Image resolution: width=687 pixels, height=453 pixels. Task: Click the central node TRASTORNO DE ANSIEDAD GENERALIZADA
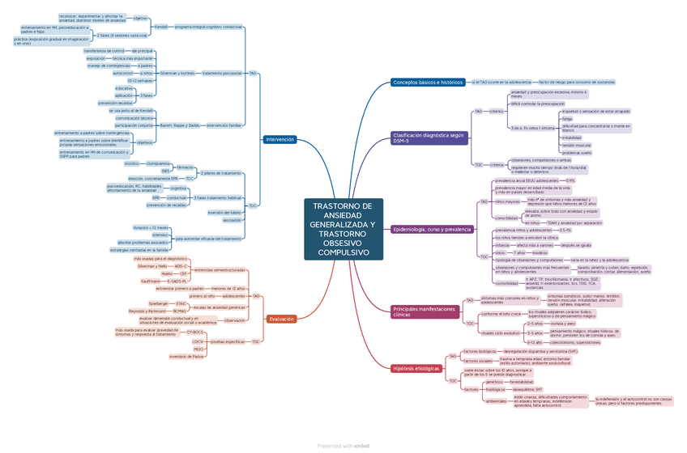343,230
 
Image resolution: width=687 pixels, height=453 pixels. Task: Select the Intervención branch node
279,139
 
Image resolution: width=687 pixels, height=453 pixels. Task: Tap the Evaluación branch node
281,320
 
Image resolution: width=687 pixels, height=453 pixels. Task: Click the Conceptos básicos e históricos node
428,83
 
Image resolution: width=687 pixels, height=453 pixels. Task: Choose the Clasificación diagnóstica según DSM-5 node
429,138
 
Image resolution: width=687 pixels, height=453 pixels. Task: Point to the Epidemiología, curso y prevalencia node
432,229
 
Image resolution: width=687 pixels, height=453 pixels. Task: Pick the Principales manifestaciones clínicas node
425,311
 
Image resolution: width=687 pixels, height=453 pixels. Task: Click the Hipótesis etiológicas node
416,368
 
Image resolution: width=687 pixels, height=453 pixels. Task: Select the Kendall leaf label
160,27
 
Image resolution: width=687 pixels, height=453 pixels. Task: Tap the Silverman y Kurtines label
177,73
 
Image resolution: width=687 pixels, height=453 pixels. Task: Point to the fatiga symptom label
566,119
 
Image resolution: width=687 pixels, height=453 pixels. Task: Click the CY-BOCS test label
194,332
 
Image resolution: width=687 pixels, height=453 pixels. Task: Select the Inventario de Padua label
186,356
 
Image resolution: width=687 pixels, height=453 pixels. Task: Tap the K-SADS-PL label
177,281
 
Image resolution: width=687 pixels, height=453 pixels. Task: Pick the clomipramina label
158,163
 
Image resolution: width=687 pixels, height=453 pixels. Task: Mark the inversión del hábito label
224,212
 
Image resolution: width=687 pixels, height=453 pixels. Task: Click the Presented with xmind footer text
343,445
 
